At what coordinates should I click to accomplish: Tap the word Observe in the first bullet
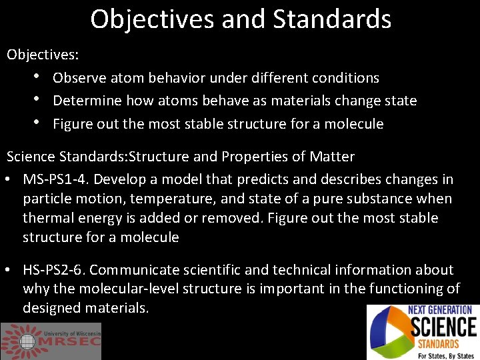(x=79, y=78)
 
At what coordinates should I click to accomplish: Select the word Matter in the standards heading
(x=332, y=157)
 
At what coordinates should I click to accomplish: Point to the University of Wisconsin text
(x=72, y=332)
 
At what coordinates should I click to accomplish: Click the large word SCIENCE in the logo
(x=443, y=327)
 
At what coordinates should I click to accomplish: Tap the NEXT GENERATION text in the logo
(x=441, y=310)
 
